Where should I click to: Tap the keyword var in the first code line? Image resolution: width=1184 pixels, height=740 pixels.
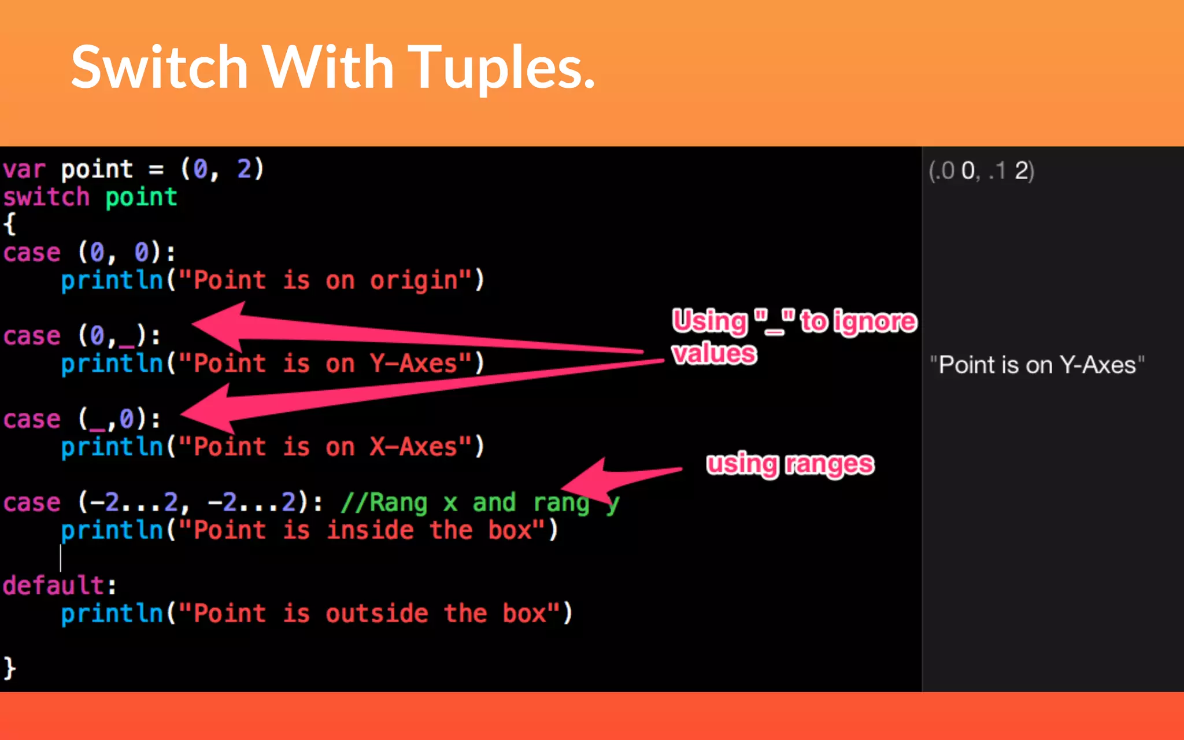click(x=24, y=170)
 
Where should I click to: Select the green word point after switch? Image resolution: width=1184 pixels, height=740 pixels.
click(x=141, y=198)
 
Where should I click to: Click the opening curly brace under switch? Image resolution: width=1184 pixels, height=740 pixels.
click(x=9, y=224)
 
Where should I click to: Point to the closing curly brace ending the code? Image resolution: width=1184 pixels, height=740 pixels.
click(x=9, y=668)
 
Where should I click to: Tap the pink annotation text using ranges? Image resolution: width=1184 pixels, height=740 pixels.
click(x=790, y=465)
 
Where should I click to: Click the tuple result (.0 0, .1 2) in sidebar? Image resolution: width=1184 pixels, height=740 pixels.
click(x=981, y=171)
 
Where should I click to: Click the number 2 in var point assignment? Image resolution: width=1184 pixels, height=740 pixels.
click(x=244, y=170)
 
